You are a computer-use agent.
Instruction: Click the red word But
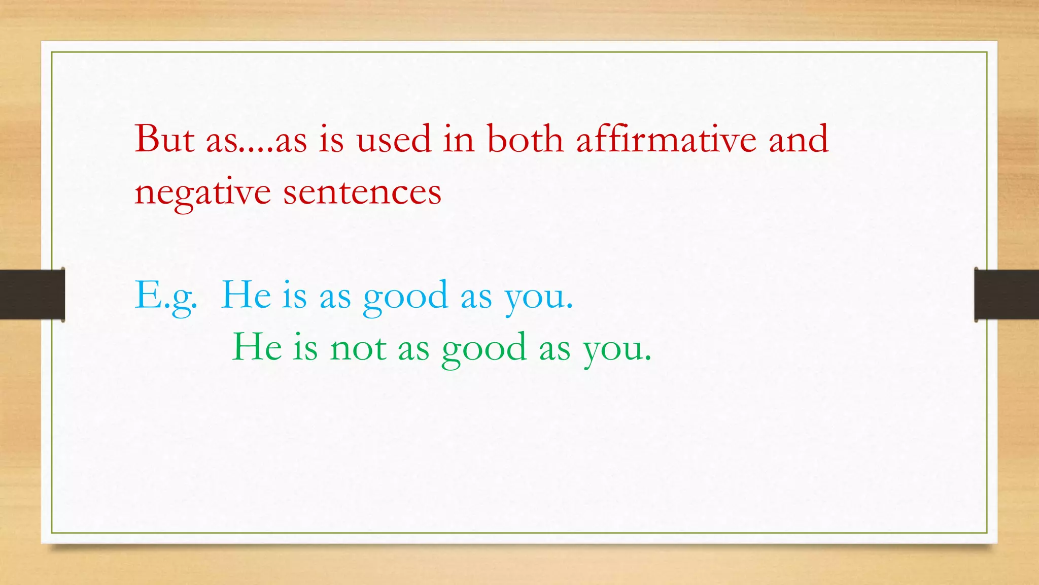pos(164,139)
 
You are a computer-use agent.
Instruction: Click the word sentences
pos(362,193)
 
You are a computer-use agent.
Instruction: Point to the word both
pos(525,139)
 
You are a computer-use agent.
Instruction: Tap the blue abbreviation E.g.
pos(165,296)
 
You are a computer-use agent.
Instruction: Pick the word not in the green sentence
pos(358,348)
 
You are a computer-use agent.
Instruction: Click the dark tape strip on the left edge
pos(32,295)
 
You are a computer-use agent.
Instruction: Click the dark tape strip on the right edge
pos(1007,295)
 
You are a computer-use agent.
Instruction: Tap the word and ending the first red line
pos(799,139)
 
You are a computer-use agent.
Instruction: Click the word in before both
pos(459,139)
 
